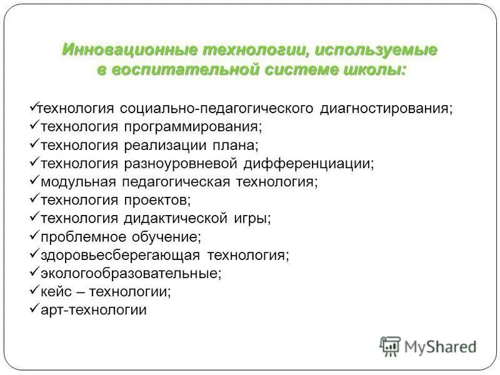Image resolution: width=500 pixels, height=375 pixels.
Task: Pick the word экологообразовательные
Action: pos(131,274)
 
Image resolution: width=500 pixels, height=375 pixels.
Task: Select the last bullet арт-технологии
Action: pos(93,310)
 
